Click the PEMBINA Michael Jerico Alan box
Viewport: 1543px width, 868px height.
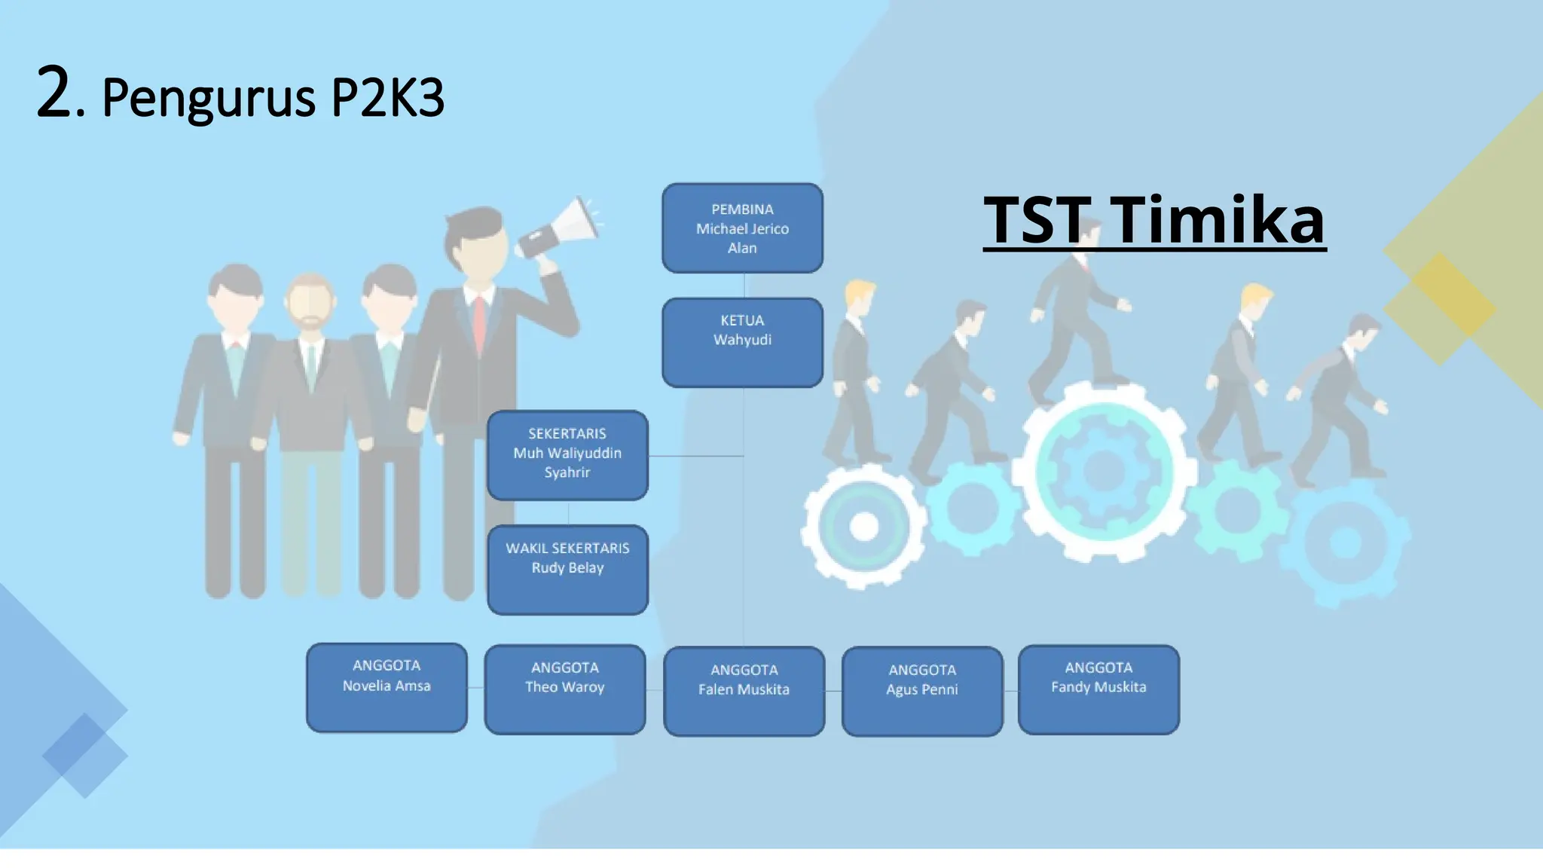[742, 228]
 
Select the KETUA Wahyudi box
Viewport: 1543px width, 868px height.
[742, 343]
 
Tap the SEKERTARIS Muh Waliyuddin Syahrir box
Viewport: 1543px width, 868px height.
[567, 455]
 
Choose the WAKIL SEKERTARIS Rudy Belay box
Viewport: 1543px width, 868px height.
[567, 570]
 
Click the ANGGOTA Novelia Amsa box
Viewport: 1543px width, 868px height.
[387, 687]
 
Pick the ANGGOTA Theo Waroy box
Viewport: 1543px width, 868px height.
[565, 689]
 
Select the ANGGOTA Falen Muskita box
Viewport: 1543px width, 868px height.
[744, 691]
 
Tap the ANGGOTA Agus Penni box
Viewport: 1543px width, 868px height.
[922, 691]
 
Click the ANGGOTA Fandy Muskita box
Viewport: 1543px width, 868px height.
[1098, 689]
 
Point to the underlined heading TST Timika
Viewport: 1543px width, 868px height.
[1154, 220]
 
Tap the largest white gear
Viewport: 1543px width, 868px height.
[1104, 471]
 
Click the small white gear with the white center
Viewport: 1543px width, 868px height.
[863, 526]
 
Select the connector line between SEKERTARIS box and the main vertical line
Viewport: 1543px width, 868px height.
[695, 456]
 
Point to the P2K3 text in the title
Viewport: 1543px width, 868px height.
[387, 99]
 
